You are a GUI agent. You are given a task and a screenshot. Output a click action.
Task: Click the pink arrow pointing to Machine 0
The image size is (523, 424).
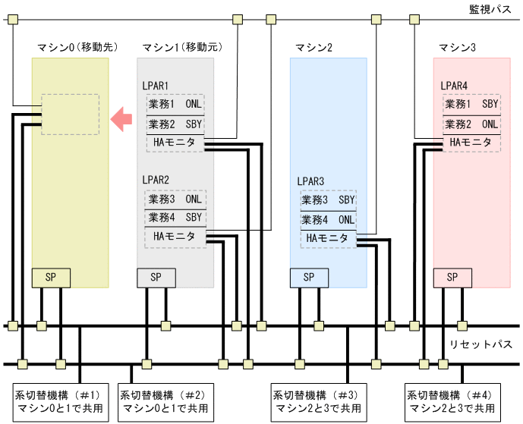(121, 118)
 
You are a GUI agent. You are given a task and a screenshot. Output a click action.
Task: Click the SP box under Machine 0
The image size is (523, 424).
(51, 278)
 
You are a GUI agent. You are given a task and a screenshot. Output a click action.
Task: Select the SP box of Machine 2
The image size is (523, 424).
(309, 278)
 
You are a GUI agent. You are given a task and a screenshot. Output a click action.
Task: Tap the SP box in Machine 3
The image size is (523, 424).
(452, 278)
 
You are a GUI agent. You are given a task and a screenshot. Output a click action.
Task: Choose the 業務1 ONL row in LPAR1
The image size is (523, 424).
(175, 104)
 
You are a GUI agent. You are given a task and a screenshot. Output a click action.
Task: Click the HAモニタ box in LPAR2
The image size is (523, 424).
(175, 237)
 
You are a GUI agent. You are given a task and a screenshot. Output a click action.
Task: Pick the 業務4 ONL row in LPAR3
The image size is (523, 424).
(327, 220)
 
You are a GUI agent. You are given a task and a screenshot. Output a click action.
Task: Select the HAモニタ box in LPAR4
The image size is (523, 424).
(471, 142)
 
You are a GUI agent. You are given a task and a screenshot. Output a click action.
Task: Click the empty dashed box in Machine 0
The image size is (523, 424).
(70, 114)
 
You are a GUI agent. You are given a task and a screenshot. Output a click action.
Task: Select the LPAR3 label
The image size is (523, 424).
(310, 182)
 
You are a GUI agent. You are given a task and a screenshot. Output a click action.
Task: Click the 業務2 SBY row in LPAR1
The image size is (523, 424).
(175, 124)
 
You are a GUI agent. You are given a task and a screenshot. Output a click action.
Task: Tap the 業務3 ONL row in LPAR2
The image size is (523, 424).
(175, 199)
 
